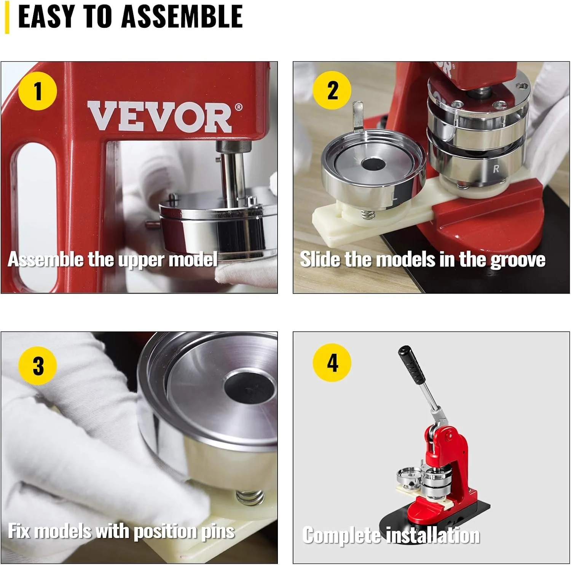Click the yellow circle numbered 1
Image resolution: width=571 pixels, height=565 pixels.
coord(37,91)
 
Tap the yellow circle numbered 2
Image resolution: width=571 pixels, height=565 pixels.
coord(332,90)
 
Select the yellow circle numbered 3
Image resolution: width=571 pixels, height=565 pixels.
coord(38,365)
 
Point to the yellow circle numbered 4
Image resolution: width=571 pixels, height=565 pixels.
coord(332,362)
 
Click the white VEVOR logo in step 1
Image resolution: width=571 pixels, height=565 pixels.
coord(160,117)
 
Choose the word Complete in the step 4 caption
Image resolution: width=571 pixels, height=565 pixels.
coord(341,535)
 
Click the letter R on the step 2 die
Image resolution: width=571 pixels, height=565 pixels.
coord(496,169)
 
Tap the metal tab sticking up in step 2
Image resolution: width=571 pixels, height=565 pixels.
coord(358,116)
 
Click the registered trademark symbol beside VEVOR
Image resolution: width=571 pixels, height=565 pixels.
coord(238,107)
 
